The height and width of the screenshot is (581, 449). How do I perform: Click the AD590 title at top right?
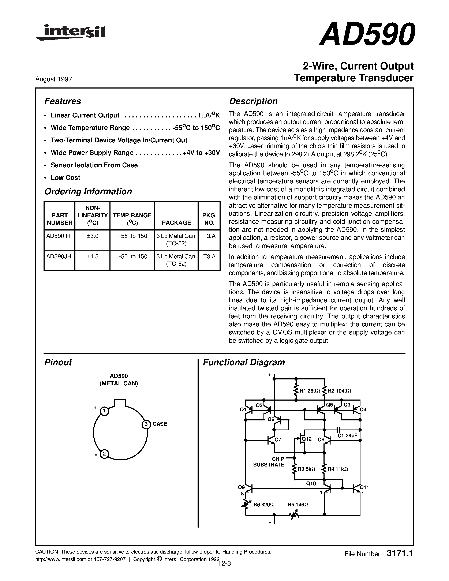(x=367, y=35)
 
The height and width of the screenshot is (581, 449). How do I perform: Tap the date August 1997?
(x=53, y=79)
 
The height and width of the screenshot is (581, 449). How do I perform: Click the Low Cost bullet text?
(x=65, y=177)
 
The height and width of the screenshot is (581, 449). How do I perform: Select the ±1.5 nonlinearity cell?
(x=92, y=256)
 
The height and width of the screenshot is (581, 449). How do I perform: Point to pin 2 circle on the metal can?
(x=104, y=454)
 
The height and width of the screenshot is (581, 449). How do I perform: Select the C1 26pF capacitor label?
(x=347, y=436)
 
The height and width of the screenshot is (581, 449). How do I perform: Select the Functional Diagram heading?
(x=244, y=362)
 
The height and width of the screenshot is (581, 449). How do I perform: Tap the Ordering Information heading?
(x=88, y=192)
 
